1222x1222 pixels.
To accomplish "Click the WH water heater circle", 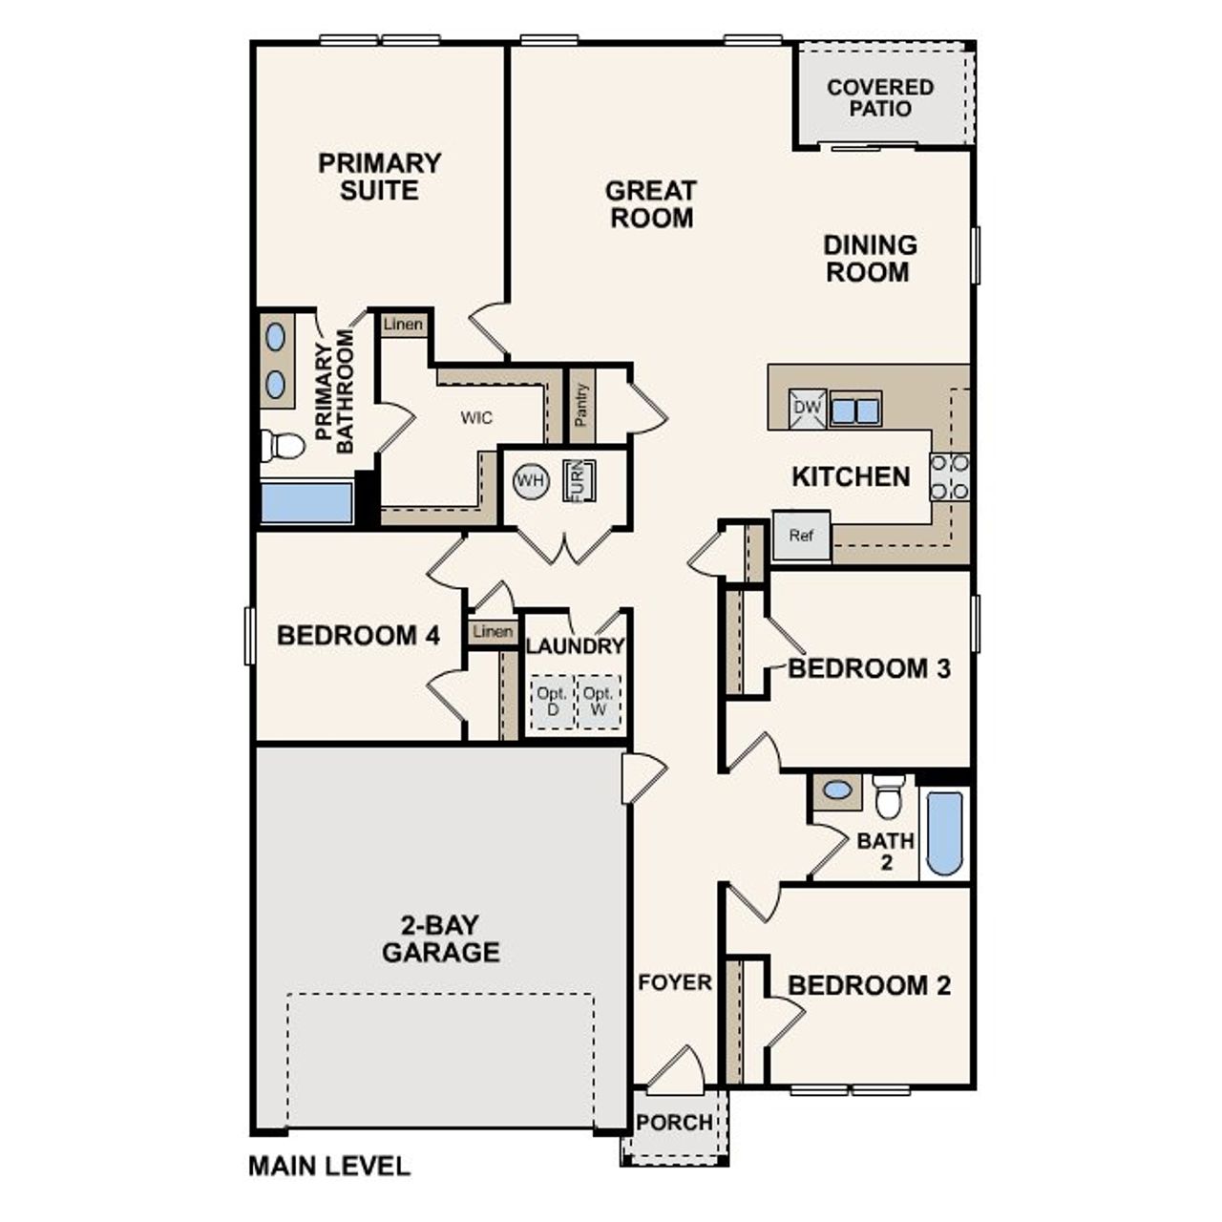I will [531, 480].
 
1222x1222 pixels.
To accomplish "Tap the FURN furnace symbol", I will [578, 479].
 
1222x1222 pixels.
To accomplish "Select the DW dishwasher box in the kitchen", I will [807, 409].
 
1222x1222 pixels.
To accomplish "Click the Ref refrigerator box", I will [801, 536].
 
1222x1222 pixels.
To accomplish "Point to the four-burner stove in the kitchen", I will [949, 477].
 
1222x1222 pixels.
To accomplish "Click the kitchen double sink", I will [854, 411].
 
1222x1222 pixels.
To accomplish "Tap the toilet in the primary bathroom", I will [283, 445].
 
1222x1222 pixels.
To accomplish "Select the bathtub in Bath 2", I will [945, 832].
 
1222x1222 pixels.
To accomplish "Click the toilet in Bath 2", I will [889, 795].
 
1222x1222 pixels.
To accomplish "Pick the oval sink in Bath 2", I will [837, 790].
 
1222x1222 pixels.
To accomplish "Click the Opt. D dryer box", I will [552, 702].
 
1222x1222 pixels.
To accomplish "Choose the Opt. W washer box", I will [599, 702].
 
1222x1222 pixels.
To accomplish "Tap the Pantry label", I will [581, 406].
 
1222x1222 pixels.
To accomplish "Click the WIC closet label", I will [476, 418].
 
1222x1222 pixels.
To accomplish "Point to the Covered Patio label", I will [880, 97].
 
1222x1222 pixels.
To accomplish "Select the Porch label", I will [674, 1123].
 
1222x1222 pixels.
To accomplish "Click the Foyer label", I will [675, 982].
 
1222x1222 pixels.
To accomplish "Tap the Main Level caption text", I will [329, 1166].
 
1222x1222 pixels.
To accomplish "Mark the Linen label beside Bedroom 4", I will [493, 632].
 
